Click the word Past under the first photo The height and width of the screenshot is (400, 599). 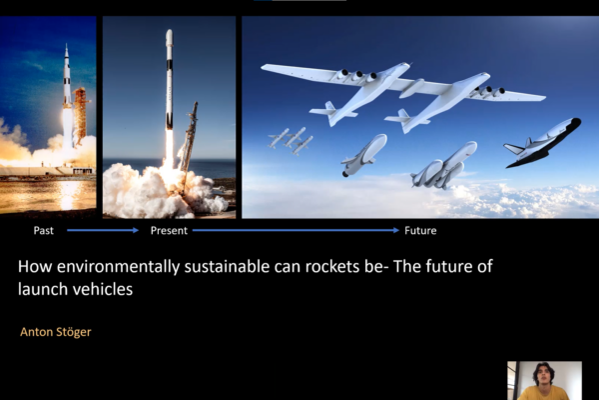click(x=44, y=230)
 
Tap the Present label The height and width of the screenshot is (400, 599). click(x=169, y=230)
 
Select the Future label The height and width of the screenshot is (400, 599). click(x=420, y=230)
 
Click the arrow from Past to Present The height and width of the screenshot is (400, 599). click(x=103, y=230)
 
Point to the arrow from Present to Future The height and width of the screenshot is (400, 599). click(x=296, y=230)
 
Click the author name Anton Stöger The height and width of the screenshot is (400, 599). click(x=55, y=332)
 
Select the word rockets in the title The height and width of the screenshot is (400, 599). click(x=332, y=266)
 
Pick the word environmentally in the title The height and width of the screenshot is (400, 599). click(x=118, y=267)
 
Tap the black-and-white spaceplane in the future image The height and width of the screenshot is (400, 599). click(x=542, y=142)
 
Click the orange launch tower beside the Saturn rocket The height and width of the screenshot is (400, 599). click(x=80, y=115)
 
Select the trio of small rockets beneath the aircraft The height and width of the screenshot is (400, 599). click(x=292, y=141)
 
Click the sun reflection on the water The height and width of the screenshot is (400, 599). click(x=67, y=193)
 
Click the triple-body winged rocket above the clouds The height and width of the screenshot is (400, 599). click(x=444, y=165)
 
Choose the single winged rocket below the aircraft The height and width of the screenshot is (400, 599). click(x=364, y=155)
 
